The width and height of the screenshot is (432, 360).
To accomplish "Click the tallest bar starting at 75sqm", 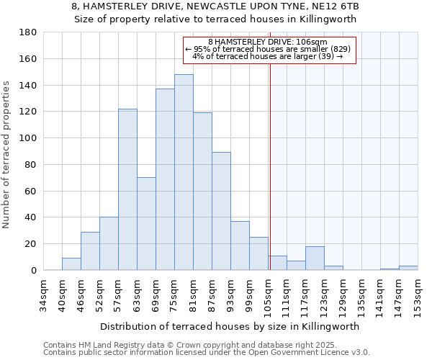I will [x=184, y=172].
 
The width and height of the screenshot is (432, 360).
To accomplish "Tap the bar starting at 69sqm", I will [x=165, y=179].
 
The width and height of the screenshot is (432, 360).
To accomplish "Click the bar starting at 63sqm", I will [x=146, y=224].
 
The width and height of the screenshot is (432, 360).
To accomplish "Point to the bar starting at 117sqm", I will [x=315, y=258].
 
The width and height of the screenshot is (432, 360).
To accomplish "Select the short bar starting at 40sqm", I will [x=71, y=264].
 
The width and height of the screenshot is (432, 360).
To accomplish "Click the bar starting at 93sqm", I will [x=240, y=246].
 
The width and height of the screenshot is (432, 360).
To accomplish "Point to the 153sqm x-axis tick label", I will [x=418, y=295].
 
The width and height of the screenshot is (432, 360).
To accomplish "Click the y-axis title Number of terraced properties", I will [x=7, y=155].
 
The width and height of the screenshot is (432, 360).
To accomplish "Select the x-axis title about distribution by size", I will [x=230, y=326].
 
